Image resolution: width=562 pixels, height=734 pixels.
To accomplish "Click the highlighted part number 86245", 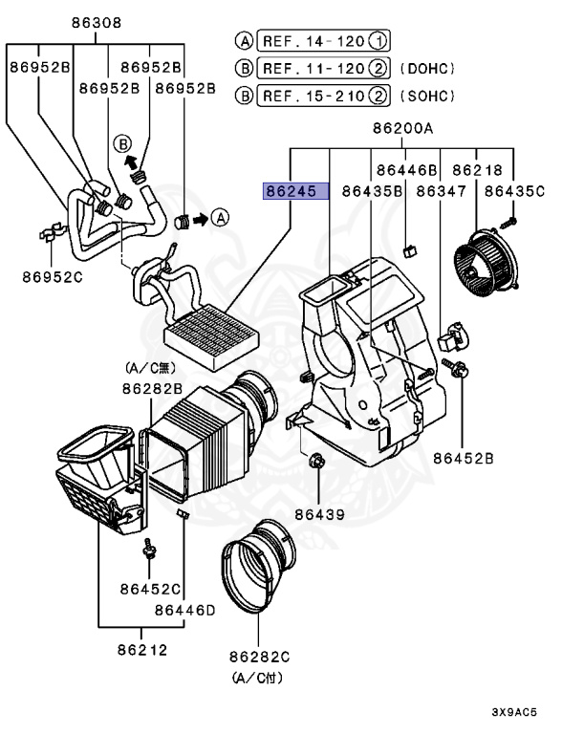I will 296,191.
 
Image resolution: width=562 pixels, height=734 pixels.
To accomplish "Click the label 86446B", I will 407,169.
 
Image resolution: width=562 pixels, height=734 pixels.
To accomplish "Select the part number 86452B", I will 463,458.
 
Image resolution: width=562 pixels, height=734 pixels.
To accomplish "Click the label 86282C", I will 259,658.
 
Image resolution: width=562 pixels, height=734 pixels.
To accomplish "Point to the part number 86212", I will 142,650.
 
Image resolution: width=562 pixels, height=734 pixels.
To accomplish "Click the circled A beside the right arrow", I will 220,217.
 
